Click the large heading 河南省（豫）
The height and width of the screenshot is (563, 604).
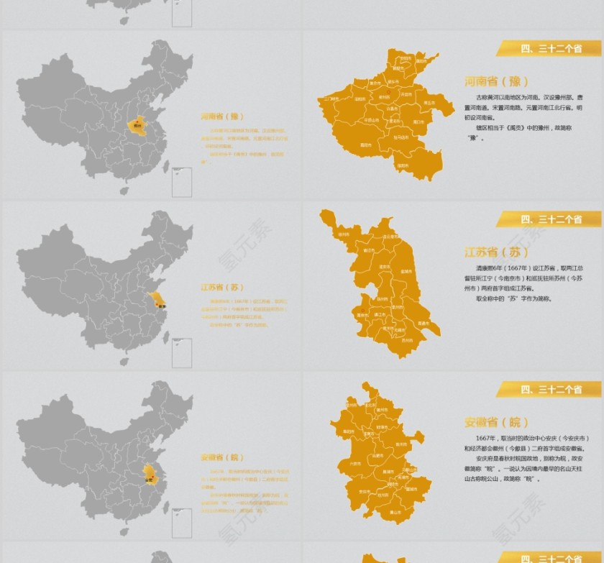pos(496,81)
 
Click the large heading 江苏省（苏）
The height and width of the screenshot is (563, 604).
pos(497,252)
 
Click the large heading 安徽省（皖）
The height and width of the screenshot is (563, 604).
pos(496,422)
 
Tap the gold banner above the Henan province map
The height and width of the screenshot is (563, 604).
pos(549,49)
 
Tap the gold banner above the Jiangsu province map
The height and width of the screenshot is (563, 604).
pos(549,219)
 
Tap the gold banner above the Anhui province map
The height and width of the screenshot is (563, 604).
pos(549,390)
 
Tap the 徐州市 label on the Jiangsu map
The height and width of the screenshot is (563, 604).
pos(344,234)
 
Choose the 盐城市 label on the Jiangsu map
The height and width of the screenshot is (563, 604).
pos(406,272)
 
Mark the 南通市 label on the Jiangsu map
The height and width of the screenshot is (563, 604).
pos(424,323)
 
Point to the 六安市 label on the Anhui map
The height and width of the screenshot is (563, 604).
pos(354,464)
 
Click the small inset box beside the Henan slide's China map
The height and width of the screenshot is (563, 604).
pos(181,182)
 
